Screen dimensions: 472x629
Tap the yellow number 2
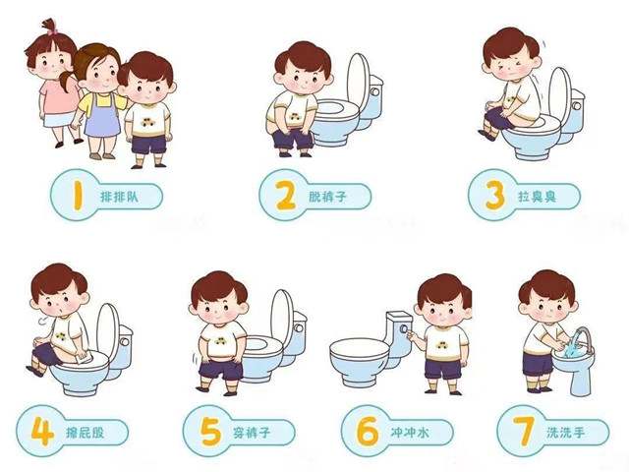pyautogui.click(x=284, y=196)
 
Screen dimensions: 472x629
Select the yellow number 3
pyautogui.click(x=492, y=196)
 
